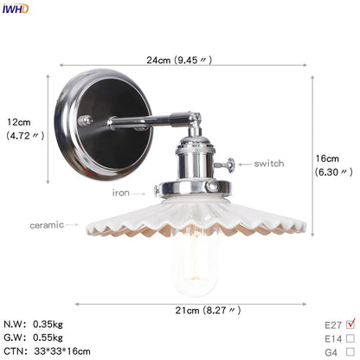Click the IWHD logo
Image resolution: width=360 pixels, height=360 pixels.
15,8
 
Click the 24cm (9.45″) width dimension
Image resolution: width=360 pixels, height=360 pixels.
180,60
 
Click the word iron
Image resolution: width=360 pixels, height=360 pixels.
120,193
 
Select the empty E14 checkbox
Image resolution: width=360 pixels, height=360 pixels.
349,339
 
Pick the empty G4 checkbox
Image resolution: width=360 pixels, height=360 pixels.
349,353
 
